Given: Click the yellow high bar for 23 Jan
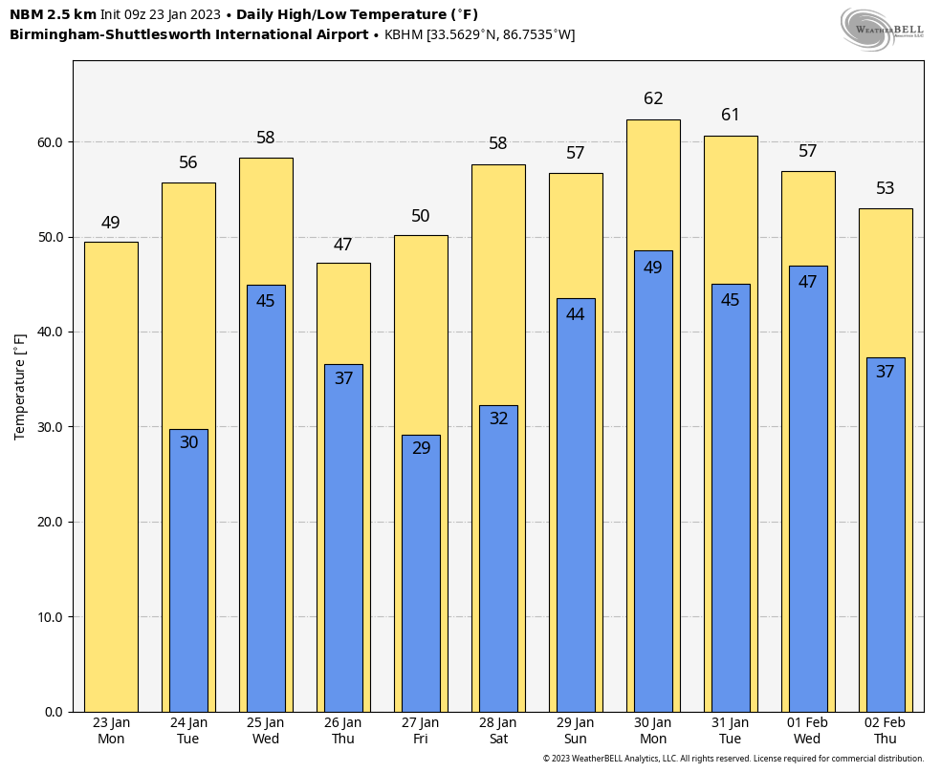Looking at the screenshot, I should (x=111, y=478).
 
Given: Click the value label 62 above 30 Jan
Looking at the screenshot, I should (x=653, y=99).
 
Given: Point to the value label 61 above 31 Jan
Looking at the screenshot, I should (x=731, y=116).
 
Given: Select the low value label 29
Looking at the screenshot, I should (x=421, y=448).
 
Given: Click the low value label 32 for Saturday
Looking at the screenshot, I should (x=498, y=418).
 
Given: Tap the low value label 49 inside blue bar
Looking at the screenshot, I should (x=653, y=268).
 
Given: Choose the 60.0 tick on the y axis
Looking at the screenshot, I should (x=50, y=142).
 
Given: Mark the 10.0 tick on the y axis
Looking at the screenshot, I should (x=50, y=617).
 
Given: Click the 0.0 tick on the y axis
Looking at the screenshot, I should (x=54, y=712).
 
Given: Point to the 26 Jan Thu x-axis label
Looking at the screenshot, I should (x=343, y=731).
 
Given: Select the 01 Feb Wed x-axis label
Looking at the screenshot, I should (x=807, y=731).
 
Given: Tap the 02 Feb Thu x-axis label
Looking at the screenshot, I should (x=885, y=731).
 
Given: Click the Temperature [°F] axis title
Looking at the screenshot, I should (x=20, y=386).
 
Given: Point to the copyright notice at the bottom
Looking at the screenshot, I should (x=733, y=759).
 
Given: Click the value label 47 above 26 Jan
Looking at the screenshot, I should (x=343, y=246).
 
